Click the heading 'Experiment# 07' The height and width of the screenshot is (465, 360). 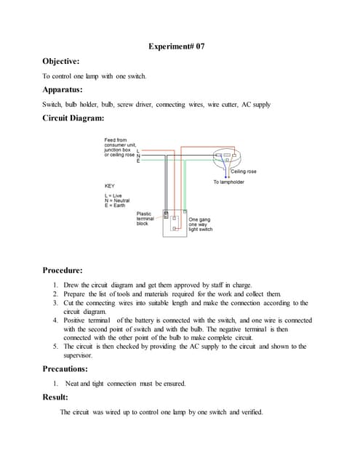(179, 46)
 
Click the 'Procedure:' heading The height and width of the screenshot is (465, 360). (66, 270)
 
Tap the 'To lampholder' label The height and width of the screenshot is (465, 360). (229, 182)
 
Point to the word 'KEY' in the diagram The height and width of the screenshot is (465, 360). (110, 187)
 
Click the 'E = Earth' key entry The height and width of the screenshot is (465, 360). (116, 205)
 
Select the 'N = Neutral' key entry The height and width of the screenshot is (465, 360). (119, 200)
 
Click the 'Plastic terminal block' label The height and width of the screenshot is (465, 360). (147, 219)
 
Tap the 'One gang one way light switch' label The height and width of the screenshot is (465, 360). (201, 224)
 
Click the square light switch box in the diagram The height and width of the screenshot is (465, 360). (176, 226)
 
